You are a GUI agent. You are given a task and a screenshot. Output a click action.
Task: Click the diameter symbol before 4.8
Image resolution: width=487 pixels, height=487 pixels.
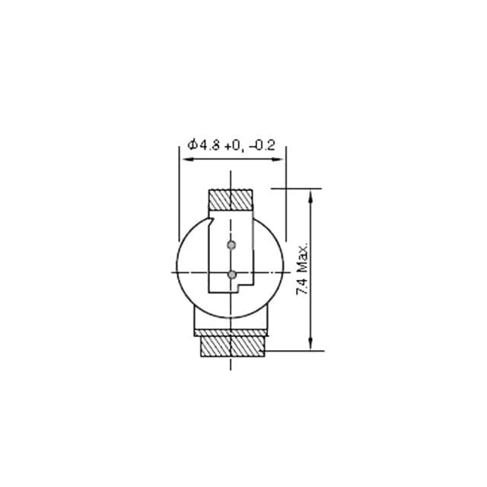tap(193, 145)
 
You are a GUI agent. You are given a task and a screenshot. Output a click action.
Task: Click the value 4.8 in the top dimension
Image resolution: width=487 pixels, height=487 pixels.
tap(209, 145)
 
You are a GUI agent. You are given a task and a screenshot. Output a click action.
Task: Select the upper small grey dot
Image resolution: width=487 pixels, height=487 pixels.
tap(231, 245)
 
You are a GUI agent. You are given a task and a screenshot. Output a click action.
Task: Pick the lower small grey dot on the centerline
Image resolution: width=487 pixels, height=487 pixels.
tap(231, 274)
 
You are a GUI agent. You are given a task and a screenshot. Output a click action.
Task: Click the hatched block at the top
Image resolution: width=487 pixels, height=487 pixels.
tap(231, 200)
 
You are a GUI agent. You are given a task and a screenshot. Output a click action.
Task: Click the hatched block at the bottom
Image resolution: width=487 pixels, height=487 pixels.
tap(231, 346)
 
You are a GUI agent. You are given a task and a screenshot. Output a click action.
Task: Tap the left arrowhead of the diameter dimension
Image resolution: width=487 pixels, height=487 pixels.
tap(184, 160)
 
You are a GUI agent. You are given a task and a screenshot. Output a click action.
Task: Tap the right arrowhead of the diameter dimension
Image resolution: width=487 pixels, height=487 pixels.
tap(281, 160)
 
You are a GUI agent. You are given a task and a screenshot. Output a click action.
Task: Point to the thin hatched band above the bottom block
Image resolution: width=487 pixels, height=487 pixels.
tap(231, 332)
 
